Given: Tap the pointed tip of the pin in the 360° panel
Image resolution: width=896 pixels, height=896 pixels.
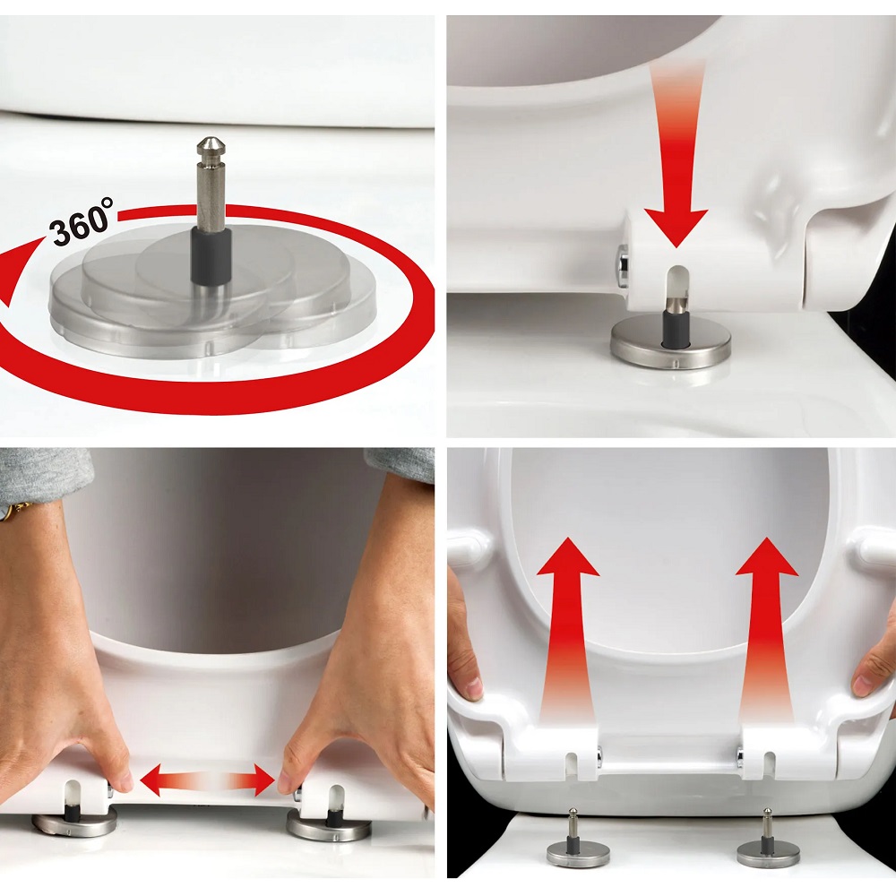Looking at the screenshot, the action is [x=210, y=138].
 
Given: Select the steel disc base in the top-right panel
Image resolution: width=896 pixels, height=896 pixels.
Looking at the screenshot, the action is [x=669, y=345].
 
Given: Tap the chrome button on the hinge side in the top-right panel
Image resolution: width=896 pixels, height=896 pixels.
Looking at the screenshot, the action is [x=623, y=263].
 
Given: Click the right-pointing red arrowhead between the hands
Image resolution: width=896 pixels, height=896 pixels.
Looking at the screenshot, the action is [x=263, y=780].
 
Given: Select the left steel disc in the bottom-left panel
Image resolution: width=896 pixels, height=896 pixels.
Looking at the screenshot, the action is [x=74, y=823].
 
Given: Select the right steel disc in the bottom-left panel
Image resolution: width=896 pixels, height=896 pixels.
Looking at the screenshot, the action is [x=329, y=826].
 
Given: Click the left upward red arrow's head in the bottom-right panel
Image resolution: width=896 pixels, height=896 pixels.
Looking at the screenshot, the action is [x=568, y=558].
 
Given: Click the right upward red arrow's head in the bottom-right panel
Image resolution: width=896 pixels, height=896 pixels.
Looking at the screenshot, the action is [x=767, y=558].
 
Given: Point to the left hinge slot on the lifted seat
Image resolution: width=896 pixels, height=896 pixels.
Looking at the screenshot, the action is [x=571, y=764].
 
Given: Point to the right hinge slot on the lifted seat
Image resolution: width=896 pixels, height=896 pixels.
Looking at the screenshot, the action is [x=770, y=764].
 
